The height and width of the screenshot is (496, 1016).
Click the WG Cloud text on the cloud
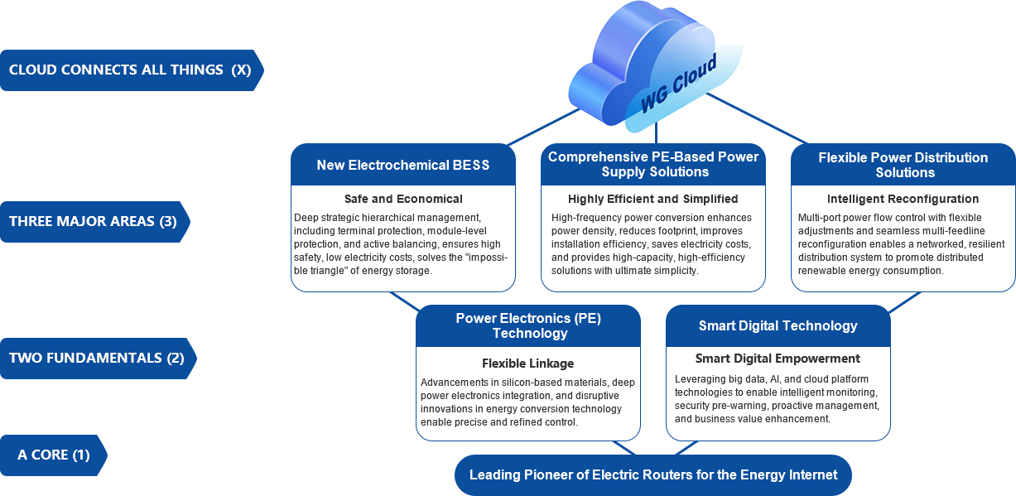678,83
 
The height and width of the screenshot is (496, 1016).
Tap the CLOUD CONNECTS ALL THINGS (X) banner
132,70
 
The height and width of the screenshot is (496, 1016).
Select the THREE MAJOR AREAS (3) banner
94,222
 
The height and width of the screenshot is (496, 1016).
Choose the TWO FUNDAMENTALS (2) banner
98,359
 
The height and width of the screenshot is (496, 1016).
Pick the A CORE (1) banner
54,455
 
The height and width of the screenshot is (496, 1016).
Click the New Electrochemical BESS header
402,165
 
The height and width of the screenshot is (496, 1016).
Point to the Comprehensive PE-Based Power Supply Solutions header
653,165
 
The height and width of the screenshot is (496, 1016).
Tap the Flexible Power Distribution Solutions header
903,165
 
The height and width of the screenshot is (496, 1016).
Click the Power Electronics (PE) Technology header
528,326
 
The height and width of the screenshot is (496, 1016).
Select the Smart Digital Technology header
778,326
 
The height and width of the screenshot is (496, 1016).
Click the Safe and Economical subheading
403,199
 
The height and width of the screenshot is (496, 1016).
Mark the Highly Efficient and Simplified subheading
653,199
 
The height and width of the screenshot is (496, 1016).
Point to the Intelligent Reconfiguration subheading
903,199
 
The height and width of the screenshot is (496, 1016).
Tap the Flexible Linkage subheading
528,364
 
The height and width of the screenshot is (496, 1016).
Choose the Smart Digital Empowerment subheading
778,359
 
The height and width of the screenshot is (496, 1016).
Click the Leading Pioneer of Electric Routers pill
653,475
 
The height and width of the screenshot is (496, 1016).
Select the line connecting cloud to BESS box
543,127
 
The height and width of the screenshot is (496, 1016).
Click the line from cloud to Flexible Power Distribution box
757,118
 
